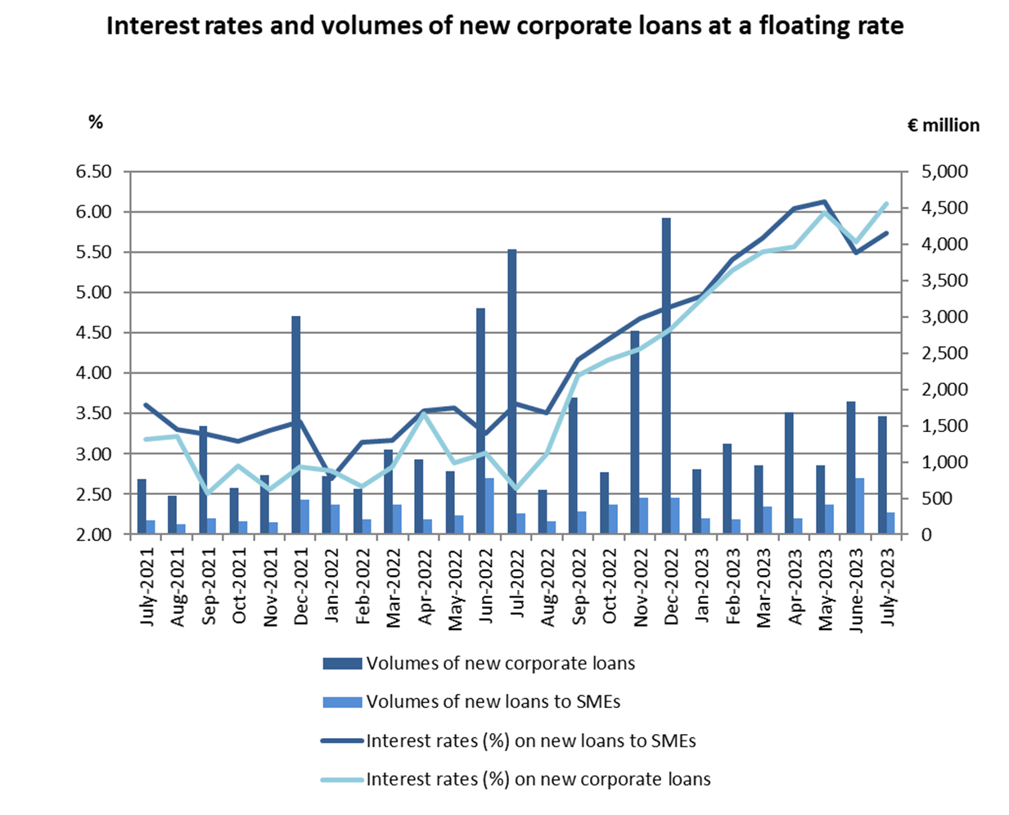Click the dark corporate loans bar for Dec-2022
(x=667, y=376)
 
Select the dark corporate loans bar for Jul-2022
(x=512, y=392)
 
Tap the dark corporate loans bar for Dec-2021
(x=296, y=426)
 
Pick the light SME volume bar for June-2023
(x=859, y=507)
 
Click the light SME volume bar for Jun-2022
(x=489, y=507)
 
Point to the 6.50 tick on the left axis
(x=93, y=172)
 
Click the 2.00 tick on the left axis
(x=93, y=534)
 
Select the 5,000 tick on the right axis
(x=945, y=172)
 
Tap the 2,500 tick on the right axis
(x=945, y=353)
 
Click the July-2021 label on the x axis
(x=147, y=588)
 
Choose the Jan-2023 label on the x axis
(x=702, y=590)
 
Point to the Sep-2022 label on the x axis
(x=579, y=590)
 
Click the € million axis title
(x=943, y=125)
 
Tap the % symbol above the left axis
(x=96, y=122)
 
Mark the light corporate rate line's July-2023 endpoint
(x=886, y=203)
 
